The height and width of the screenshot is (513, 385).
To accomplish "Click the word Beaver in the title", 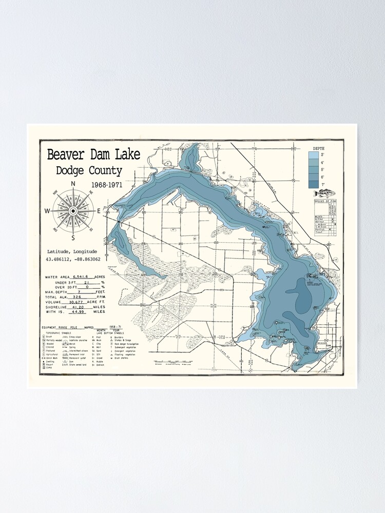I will tap(66, 154).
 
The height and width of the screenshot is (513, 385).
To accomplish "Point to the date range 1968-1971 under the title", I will tap(106, 185).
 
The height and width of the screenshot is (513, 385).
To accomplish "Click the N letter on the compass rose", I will tap(73, 184).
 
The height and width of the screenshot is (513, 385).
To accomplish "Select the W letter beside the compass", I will tap(47, 211).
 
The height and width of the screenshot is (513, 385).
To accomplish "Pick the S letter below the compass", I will tap(73, 238).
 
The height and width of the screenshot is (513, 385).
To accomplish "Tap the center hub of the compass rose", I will tap(73, 210).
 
